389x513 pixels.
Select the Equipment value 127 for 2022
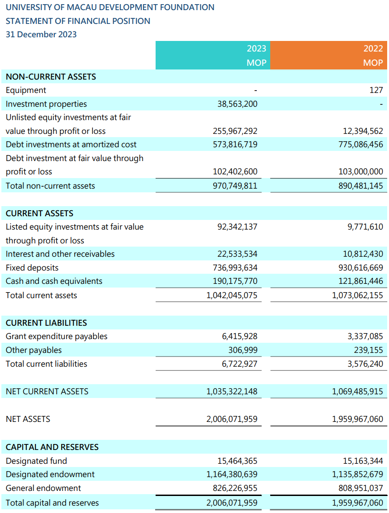coord(376,90)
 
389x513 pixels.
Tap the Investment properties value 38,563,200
coord(238,104)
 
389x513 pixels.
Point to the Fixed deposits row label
coord(32,268)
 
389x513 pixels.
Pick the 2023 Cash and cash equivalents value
coord(235,281)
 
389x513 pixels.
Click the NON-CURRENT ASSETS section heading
coord(51,76)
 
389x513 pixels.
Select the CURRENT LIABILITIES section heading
coord(46,323)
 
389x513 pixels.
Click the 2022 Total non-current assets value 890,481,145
coord(360,186)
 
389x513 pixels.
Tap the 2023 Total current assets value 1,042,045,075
coord(232,295)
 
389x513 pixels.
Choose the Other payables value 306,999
coord(243,350)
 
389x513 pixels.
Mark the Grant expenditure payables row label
coord(57,336)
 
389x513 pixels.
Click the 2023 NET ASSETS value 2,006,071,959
coord(232,419)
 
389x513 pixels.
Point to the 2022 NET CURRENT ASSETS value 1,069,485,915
coord(358,392)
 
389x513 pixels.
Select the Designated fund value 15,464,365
coord(238,461)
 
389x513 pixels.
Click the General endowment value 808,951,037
coord(360,488)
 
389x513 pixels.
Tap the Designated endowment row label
coord(50,474)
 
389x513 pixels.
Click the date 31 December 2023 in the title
coord(41,35)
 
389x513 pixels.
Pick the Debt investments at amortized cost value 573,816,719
coord(235,144)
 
